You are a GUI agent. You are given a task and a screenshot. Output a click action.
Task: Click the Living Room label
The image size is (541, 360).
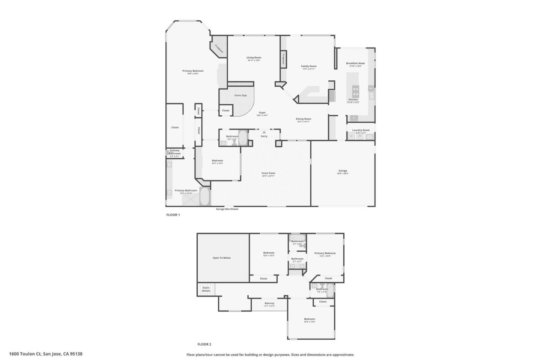(254, 58)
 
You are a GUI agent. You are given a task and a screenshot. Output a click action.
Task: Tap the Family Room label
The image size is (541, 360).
(308, 66)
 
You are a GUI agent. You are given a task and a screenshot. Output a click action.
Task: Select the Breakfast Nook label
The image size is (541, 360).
(355, 63)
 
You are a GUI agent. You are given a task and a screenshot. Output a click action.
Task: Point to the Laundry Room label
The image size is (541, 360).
(361, 130)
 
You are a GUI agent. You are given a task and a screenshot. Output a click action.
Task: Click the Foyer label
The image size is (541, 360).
(262, 113)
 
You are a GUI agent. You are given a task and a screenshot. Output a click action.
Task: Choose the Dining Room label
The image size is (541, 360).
(303, 119)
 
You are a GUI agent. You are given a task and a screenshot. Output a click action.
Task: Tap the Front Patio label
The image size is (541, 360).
(268, 173)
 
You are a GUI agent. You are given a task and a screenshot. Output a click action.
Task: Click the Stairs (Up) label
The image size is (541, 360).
(240, 95)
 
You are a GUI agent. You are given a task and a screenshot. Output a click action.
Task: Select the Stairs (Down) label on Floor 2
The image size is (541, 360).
(206, 289)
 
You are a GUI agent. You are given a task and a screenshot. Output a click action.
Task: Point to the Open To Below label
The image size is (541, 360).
(222, 258)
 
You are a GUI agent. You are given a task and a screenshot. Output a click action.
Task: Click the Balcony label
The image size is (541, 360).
(269, 303)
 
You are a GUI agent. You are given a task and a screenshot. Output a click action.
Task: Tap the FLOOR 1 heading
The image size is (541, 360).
(173, 215)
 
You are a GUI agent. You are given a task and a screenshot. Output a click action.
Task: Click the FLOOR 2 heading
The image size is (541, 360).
(204, 344)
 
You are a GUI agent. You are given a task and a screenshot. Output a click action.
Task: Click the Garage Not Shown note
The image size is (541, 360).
(227, 209)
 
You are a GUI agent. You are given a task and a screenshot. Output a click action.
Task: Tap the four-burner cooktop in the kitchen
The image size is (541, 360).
(355, 91)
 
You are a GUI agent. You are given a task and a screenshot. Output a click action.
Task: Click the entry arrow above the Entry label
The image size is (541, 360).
(264, 132)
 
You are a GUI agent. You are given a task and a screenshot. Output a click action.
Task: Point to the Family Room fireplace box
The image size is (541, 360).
(283, 59)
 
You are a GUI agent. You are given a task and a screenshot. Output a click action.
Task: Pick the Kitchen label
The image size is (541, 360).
(353, 99)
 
